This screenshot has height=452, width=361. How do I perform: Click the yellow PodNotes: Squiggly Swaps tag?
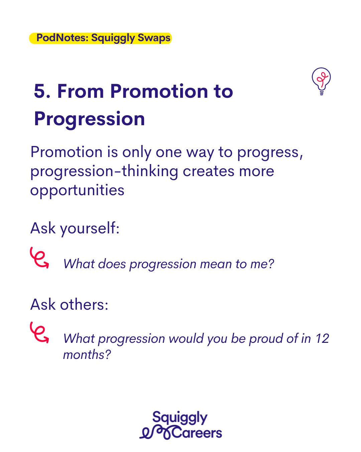[x=100, y=38]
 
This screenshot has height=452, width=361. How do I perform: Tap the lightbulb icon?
[x=321, y=81]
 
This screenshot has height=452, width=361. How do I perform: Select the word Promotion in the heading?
[x=159, y=91]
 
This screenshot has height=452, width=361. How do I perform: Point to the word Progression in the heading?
[x=90, y=119]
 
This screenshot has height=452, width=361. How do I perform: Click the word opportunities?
[x=77, y=191]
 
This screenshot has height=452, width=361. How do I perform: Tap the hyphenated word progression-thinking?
[x=104, y=171]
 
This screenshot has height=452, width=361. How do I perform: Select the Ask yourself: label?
[x=75, y=228]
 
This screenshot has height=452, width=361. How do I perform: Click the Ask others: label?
[x=69, y=305]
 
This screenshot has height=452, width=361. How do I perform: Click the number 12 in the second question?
[x=322, y=338]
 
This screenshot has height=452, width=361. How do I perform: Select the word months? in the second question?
[x=87, y=355]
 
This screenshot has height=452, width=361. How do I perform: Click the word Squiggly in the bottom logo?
[x=180, y=418]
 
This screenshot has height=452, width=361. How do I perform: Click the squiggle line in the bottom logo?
[x=156, y=433]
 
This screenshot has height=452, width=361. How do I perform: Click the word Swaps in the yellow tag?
[x=154, y=38]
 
